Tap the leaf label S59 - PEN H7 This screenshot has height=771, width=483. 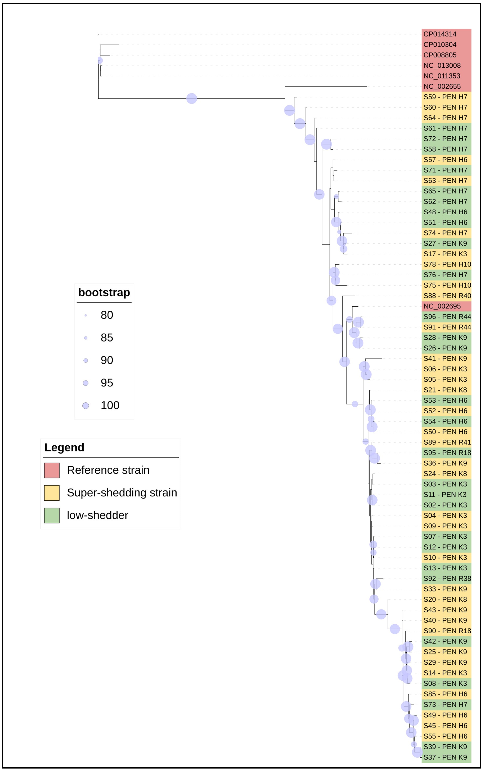point(445,97)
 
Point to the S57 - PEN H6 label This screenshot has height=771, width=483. point(445,160)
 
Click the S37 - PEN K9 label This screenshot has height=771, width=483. point(445,757)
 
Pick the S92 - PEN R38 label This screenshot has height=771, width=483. point(447,578)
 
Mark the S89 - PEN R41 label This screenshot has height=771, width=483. point(447,442)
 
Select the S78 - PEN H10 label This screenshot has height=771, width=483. point(447,264)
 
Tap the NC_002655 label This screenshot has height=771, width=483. point(442,87)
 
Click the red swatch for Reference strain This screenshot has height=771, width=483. point(52,470)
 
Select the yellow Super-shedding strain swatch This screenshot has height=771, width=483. point(52,493)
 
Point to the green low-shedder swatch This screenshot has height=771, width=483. point(52,515)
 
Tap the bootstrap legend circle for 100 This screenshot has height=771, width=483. point(86,406)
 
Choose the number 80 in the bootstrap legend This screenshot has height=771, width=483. point(107,315)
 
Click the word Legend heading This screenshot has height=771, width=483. point(64,448)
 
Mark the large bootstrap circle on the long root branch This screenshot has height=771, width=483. point(192,98)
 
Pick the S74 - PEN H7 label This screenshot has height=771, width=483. point(445,233)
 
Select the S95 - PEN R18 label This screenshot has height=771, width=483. point(447,453)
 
